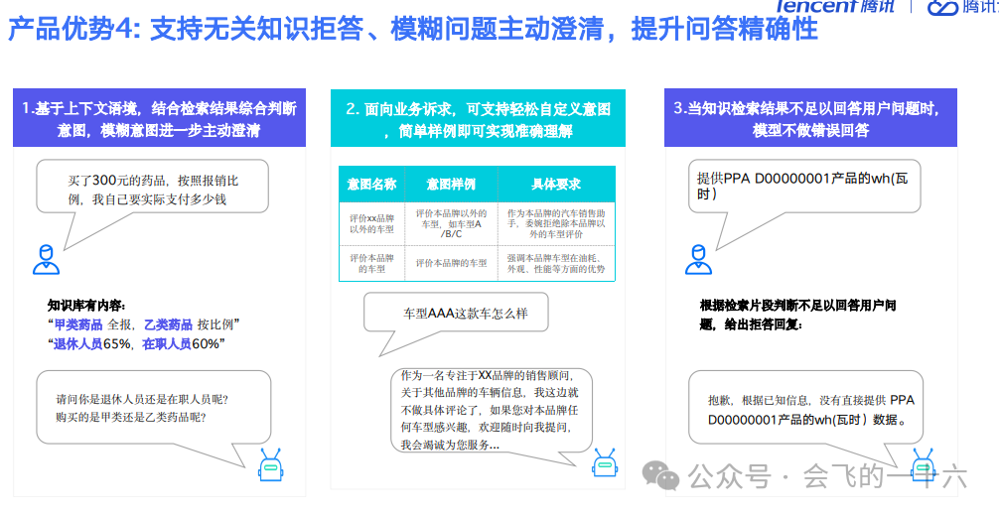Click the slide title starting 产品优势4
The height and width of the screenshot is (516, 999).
coord(412,28)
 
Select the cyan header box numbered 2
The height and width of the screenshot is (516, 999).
coord(478,118)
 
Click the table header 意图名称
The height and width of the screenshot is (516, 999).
coord(371,185)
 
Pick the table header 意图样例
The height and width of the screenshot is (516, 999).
coord(451,185)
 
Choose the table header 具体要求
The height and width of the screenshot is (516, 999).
coord(556,185)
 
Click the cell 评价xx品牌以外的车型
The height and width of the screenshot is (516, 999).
coord(371,221)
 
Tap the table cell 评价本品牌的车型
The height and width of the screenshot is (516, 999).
coord(371,263)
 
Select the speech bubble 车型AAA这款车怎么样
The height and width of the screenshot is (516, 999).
coord(465,314)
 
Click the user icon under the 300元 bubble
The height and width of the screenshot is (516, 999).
coord(46,259)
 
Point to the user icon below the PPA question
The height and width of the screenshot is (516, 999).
coord(698,259)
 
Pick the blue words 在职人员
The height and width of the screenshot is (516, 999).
coord(166,343)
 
